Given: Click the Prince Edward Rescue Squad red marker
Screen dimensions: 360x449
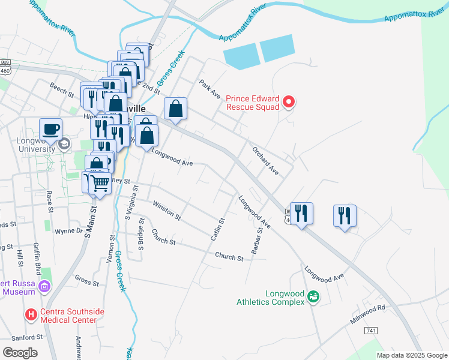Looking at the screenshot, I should pyautogui.click(x=289, y=102).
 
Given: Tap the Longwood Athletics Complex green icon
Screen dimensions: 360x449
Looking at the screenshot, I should pyautogui.click(x=313, y=296).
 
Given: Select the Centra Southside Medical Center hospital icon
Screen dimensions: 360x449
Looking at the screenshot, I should pyautogui.click(x=31, y=314).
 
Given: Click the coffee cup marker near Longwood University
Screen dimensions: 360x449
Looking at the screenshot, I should pyautogui.click(x=50, y=128).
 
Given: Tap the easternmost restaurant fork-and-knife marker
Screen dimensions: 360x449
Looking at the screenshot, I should pyautogui.click(x=345, y=215).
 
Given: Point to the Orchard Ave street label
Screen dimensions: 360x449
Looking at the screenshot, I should pyautogui.click(x=266, y=161).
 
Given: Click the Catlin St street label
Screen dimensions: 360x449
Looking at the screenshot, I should pyautogui.click(x=217, y=230).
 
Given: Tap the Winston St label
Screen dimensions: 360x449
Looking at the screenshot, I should pyautogui.click(x=166, y=211).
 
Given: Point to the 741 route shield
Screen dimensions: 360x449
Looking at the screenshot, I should pyautogui.click(x=370, y=331).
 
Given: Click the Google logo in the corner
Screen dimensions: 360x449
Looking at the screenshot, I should pyautogui.click(x=20, y=352).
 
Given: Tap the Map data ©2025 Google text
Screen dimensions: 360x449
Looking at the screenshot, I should pyautogui.click(x=412, y=355).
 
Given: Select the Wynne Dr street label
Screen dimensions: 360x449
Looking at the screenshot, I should pyautogui.click(x=68, y=230).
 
